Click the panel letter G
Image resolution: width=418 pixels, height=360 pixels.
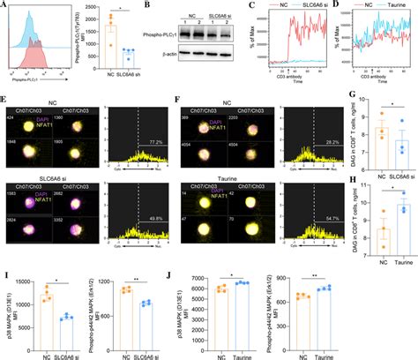(343, 91)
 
